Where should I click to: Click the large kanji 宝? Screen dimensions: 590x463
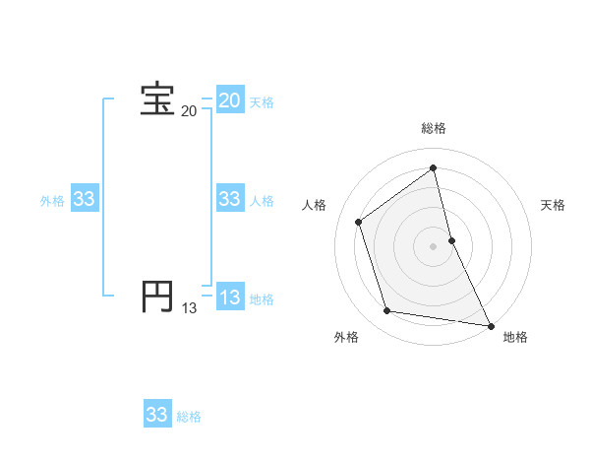coord(157,99)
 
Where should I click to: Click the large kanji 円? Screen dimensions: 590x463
coord(157,297)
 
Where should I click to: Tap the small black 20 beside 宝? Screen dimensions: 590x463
coord(189,111)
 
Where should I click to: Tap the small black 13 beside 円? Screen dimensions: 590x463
coord(189,308)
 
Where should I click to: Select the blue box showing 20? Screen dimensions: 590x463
coord(230,100)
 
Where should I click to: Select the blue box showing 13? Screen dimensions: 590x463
coord(230,298)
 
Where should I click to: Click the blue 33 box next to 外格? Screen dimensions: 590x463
coord(85,199)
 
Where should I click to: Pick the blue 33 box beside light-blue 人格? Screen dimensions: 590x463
coord(230,199)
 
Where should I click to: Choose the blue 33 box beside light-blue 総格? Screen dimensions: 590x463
coord(157,415)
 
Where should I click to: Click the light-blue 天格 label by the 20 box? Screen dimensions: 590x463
coord(262,102)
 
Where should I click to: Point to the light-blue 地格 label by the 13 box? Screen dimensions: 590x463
coord(262,299)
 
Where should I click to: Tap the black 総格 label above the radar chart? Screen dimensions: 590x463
coord(434,128)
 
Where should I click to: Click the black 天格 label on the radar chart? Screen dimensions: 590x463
coord(553,205)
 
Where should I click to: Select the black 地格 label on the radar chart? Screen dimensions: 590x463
coord(515,338)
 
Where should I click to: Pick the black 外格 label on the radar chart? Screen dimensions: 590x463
coord(346,338)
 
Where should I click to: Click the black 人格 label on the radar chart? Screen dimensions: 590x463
coord(314,205)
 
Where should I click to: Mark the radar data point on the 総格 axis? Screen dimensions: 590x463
coord(434,168)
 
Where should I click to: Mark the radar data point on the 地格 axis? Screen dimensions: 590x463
coord(490,324)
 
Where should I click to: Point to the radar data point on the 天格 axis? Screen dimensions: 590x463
coord(452,239)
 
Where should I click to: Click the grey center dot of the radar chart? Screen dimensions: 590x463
coord(434,245)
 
